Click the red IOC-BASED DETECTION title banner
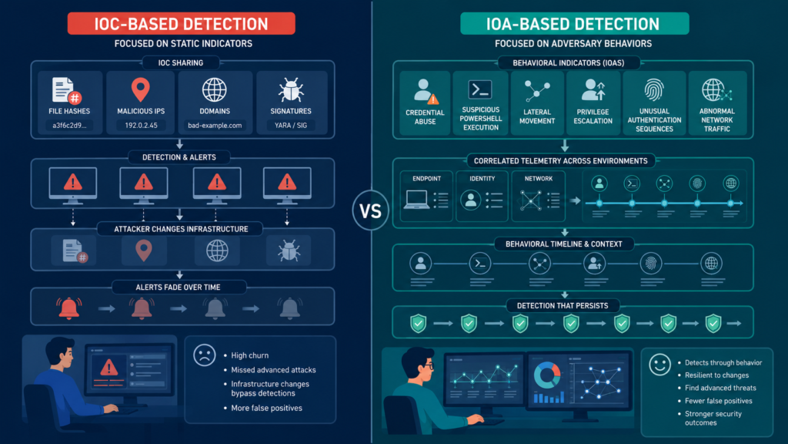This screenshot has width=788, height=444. click(x=182, y=24)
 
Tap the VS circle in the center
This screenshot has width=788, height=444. click(x=370, y=210)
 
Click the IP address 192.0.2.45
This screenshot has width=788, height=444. click(x=142, y=126)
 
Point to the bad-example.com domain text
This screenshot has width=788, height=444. click(x=215, y=126)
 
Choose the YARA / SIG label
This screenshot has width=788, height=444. click(x=291, y=126)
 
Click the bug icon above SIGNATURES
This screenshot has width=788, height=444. click(x=291, y=90)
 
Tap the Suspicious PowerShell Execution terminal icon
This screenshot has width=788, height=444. click(x=480, y=89)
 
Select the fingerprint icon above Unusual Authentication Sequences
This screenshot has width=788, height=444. click(x=654, y=90)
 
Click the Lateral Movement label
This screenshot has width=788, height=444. click(x=537, y=116)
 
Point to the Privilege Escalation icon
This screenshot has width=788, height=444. click(x=593, y=90)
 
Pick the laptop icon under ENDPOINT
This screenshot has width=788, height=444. click(x=416, y=200)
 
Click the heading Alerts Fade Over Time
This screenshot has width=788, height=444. click(x=178, y=288)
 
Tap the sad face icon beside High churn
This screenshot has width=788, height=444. click(x=205, y=355)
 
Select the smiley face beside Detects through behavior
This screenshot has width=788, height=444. click(x=659, y=364)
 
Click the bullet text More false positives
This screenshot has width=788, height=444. click(x=266, y=408)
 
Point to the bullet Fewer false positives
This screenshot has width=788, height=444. click(x=718, y=401)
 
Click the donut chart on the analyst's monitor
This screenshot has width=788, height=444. click(x=547, y=375)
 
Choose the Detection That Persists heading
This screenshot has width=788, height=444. click(x=563, y=305)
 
